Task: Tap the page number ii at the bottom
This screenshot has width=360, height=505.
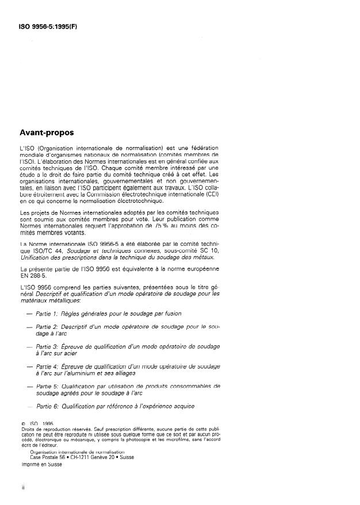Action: (22, 487)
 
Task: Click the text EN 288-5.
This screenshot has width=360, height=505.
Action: (33, 274)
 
